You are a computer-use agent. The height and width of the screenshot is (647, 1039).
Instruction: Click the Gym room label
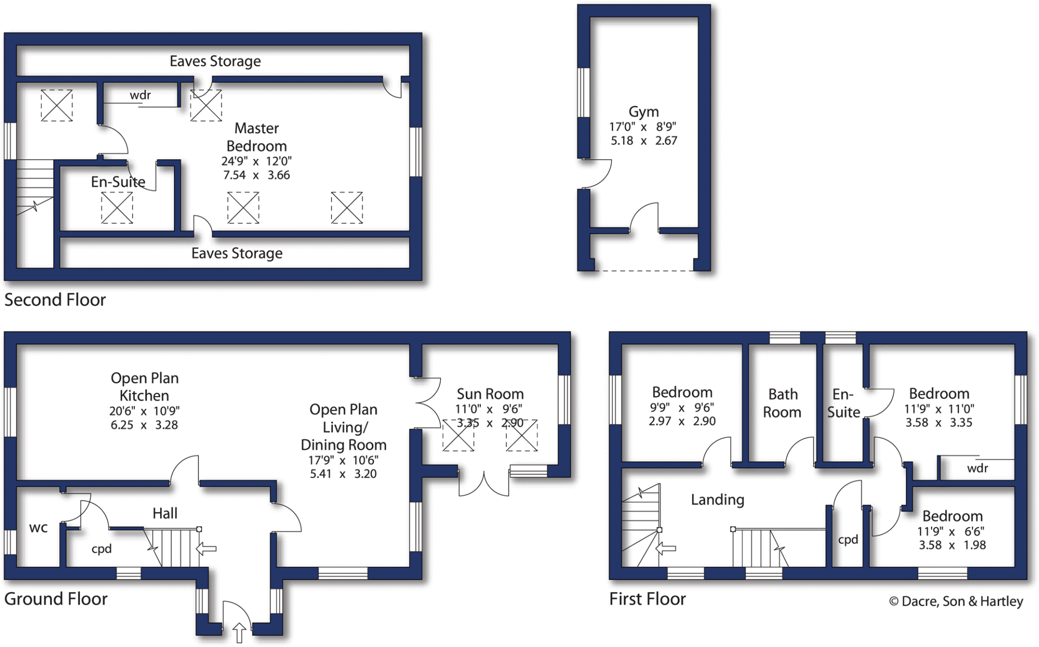click(x=643, y=112)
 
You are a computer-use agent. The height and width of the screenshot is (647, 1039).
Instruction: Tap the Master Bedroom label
click(x=256, y=137)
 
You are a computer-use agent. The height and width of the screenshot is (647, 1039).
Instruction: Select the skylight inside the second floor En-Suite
click(x=117, y=208)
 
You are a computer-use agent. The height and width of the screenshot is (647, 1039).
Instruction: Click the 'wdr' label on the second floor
click(x=140, y=95)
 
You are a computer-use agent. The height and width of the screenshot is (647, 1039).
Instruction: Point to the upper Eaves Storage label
click(x=215, y=61)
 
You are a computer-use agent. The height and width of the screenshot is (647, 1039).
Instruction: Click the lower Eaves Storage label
click(x=236, y=253)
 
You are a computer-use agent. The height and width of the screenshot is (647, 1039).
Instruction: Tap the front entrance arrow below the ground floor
click(x=239, y=633)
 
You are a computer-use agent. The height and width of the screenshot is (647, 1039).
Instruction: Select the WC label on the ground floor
click(x=39, y=528)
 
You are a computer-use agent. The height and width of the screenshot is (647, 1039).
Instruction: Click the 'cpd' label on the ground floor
click(x=101, y=549)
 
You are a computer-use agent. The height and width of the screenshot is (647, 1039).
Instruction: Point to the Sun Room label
click(x=490, y=394)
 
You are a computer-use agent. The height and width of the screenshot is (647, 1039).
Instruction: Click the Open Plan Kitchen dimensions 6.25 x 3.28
click(x=144, y=425)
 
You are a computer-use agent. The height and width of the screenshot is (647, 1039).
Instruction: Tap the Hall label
click(x=165, y=513)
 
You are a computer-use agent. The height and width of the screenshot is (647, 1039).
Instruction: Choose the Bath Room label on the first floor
click(x=782, y=403)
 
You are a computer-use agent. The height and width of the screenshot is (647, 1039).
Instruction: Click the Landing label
click(x=717, y=500)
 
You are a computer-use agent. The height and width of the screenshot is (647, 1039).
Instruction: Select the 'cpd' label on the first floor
click(x=848, y=540)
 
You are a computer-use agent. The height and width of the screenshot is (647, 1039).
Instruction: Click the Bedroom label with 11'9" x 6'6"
click(x=952, y=516)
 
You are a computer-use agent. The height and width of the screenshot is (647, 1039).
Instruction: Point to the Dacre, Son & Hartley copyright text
click(x=956, y=601)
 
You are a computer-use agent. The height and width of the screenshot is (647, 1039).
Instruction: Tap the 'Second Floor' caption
click(x=55, y=300)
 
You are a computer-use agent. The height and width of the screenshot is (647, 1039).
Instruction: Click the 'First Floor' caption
click(x=647, y=599)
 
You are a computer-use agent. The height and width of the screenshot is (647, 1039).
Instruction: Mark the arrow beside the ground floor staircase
click(x=206, y=548)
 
